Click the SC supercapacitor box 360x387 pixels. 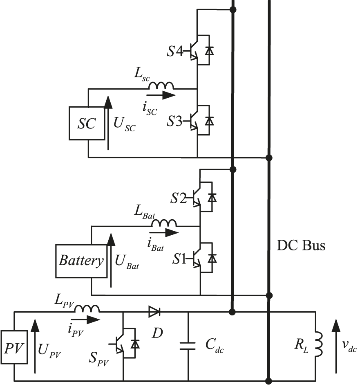click(x=87, y=124)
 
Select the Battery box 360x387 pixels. click(x=81, y=261)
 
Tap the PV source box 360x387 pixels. click(x=14, y=349)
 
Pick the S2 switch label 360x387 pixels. click(x=179, y=199)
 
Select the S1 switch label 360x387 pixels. click(x=179, y=259)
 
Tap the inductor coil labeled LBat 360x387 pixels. click(x=164, y=223)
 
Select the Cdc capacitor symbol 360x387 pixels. click(x=188, y=347)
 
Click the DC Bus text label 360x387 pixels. click(x=301, y=246)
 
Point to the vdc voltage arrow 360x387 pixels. click(x=336, y=346)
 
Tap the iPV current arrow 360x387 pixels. click(x=85, y=319)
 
